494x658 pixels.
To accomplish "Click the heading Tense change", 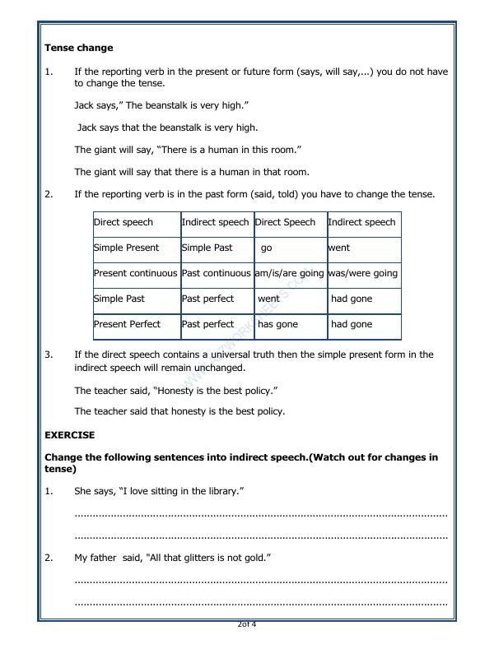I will (x=78, y=48).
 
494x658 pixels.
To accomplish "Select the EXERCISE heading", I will (x=69, y=435).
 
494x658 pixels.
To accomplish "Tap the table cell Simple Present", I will (x=126, y=248).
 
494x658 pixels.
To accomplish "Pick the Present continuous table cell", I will (x=135, y=273).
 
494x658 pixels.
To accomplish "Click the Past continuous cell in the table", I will (x=216, y=273).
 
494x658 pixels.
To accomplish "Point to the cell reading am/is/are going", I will (x=289, y=273).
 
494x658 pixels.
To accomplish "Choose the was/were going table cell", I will (x=362, y=273).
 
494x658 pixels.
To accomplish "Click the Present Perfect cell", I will (x=127, y=324).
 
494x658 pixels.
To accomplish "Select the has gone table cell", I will (x=277, y=324).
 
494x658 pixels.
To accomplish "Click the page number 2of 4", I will (x=246, y=624).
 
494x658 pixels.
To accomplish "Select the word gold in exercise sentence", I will (x=255, y=558).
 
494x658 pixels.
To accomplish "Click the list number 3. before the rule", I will (x=49, y=354).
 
